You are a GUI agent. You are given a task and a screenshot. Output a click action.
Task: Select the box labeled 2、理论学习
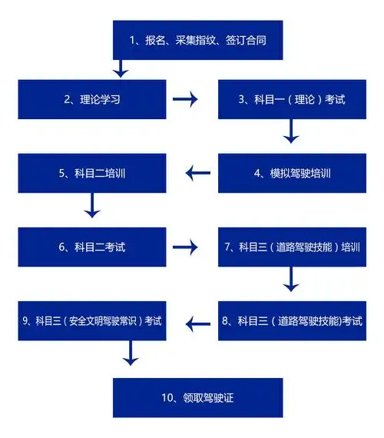pyautogui.click(x=92, y=98)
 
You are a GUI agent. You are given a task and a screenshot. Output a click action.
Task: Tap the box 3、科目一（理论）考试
pyautogui.click(x=291, y=98)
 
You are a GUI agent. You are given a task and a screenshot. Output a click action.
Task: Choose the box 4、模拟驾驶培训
pyautogui.click(x=291, y=173)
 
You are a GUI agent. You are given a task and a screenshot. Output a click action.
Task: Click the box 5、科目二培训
pyautogui.click(x=92, y=173)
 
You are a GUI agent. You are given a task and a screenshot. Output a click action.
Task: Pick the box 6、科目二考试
pyautogui.click(x=92, y=247)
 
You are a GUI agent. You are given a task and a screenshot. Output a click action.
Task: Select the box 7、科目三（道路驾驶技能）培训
pyautogui.click(x=291, y=247)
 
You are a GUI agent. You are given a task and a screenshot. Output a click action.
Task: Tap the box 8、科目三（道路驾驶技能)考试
pyautogui.click(x=291, y=320)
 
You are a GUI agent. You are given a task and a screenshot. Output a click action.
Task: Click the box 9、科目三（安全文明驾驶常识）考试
pyautogui.click(x=92, y=320)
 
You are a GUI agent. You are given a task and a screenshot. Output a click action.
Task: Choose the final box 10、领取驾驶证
pyautogui.click(x=198, y=397)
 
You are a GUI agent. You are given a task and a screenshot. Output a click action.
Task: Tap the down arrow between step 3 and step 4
pyautogui.click(x=291, y=134)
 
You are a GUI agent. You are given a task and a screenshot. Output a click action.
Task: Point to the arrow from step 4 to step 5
pyautogui.click(x=198, y=173)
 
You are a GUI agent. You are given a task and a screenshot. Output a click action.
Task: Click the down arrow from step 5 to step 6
pyautogui.click(x=92, y=207)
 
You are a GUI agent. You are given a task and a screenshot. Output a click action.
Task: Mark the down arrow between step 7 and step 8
pyautogui.click(x=291, y=283)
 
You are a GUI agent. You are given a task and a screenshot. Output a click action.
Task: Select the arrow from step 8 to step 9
pyautogui.click(x=198, y=320)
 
